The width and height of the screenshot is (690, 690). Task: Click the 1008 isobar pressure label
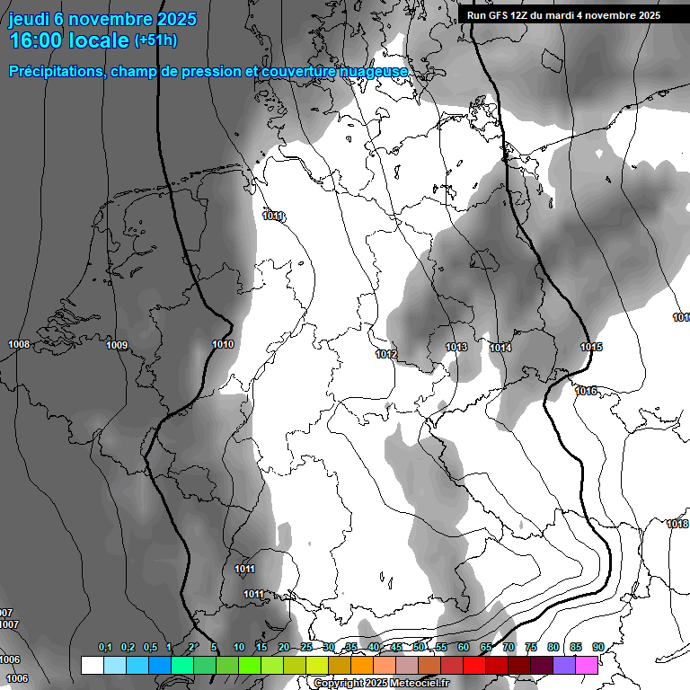[x=18, y=345]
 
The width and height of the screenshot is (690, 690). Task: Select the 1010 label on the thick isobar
[x=223, y=345]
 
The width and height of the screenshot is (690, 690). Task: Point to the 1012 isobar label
[x=386, y=355]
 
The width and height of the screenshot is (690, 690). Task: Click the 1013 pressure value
[x=456, y=348]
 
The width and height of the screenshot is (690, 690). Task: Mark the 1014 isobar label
[x=501, y=349]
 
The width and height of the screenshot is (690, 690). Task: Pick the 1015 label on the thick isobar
[x=591, y=348]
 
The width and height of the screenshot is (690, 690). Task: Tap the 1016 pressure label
[x=586, y=391]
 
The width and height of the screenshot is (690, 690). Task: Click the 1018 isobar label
[x=677, y=525]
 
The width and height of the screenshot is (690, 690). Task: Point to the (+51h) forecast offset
[x=156, y=40]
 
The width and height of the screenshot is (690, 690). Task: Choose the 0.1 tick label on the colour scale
[x=105, y=648]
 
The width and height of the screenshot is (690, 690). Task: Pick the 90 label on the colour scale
[x=598, y=648]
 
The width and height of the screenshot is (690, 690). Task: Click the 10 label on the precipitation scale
[x=239, y=648]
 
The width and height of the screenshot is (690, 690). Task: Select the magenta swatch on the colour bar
[x=587, y=665]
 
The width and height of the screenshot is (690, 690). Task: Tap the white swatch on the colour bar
[x=92, y=665]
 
